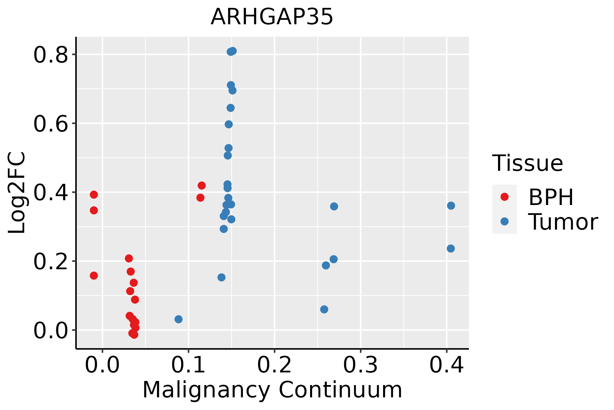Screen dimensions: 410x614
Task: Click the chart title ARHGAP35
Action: coord(272,17)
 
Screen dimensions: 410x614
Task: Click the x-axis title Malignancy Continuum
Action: coord(272,390)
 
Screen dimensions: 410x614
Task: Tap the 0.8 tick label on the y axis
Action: coord(50,55)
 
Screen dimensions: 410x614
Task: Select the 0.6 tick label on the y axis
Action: coord(50,124)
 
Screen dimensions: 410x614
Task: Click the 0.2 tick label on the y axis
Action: coord(50,262)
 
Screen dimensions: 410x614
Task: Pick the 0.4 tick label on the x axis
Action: coord(446,365)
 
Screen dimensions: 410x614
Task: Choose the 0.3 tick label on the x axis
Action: coord(360,365)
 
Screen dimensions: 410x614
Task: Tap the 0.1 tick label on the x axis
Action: coord(188,365)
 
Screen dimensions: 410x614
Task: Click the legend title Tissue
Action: coord(528,163)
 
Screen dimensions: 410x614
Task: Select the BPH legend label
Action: coord(551,197)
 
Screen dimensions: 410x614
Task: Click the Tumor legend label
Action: coord(563,222)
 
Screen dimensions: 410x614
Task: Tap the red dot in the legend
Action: coord(504,197)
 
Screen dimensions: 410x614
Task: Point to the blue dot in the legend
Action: coord(504,221)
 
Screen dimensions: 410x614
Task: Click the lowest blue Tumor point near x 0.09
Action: coord(178,319)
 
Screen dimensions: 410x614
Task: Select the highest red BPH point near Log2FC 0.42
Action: coord(202,186)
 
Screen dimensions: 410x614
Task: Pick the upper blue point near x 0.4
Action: coord(451,206)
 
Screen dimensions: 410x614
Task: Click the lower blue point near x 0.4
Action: coord(451,248)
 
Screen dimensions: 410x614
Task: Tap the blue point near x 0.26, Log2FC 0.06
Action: coord(324,309)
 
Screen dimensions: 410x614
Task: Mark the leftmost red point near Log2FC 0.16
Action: coord(94,275)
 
